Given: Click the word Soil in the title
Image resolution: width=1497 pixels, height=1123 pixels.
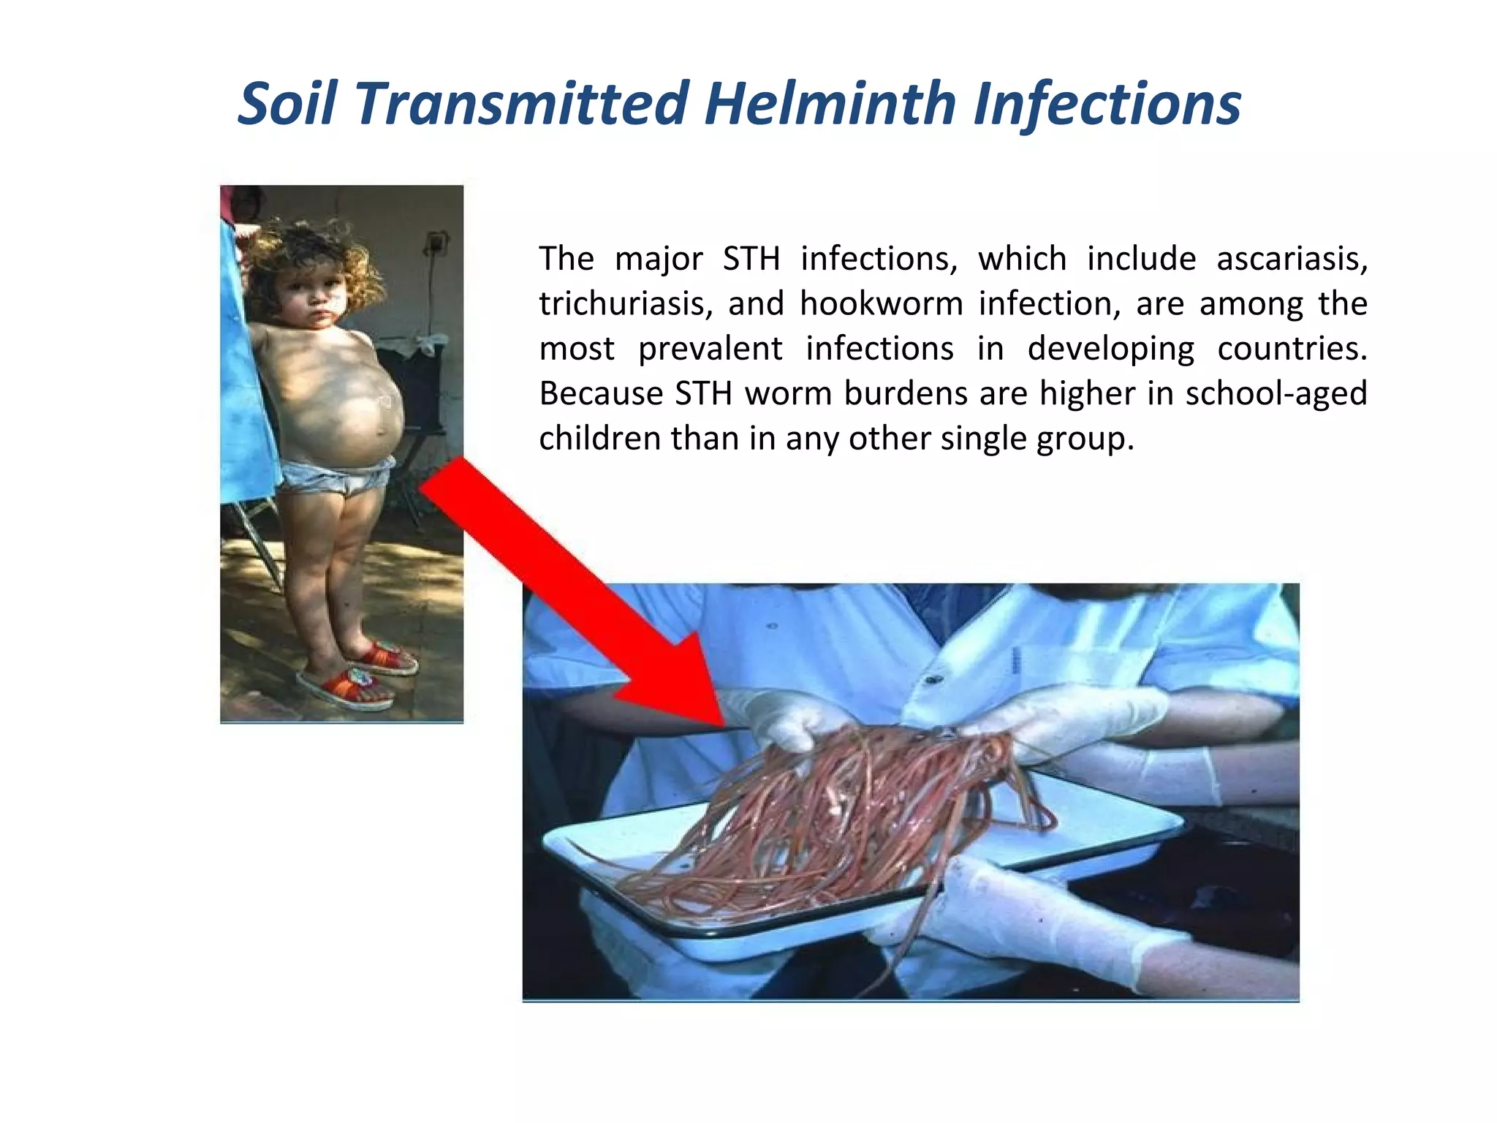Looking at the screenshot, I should (287, 104).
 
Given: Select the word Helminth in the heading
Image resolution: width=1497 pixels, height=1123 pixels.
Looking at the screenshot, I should (829, 104).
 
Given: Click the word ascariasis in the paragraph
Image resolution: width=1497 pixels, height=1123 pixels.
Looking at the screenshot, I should (1292, 260).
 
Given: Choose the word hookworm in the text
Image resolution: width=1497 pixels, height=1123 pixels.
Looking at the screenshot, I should (882, 304).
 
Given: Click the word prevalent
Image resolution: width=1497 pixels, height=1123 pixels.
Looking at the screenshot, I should (710, 349).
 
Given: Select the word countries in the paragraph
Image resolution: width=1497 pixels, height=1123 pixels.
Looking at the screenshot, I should (1292, 349).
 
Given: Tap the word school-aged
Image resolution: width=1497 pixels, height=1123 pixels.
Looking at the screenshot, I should (1276, 394).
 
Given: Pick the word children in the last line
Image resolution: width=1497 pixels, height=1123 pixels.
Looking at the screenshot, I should (599, 439).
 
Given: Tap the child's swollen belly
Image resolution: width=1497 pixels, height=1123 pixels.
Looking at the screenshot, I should (351, 402).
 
